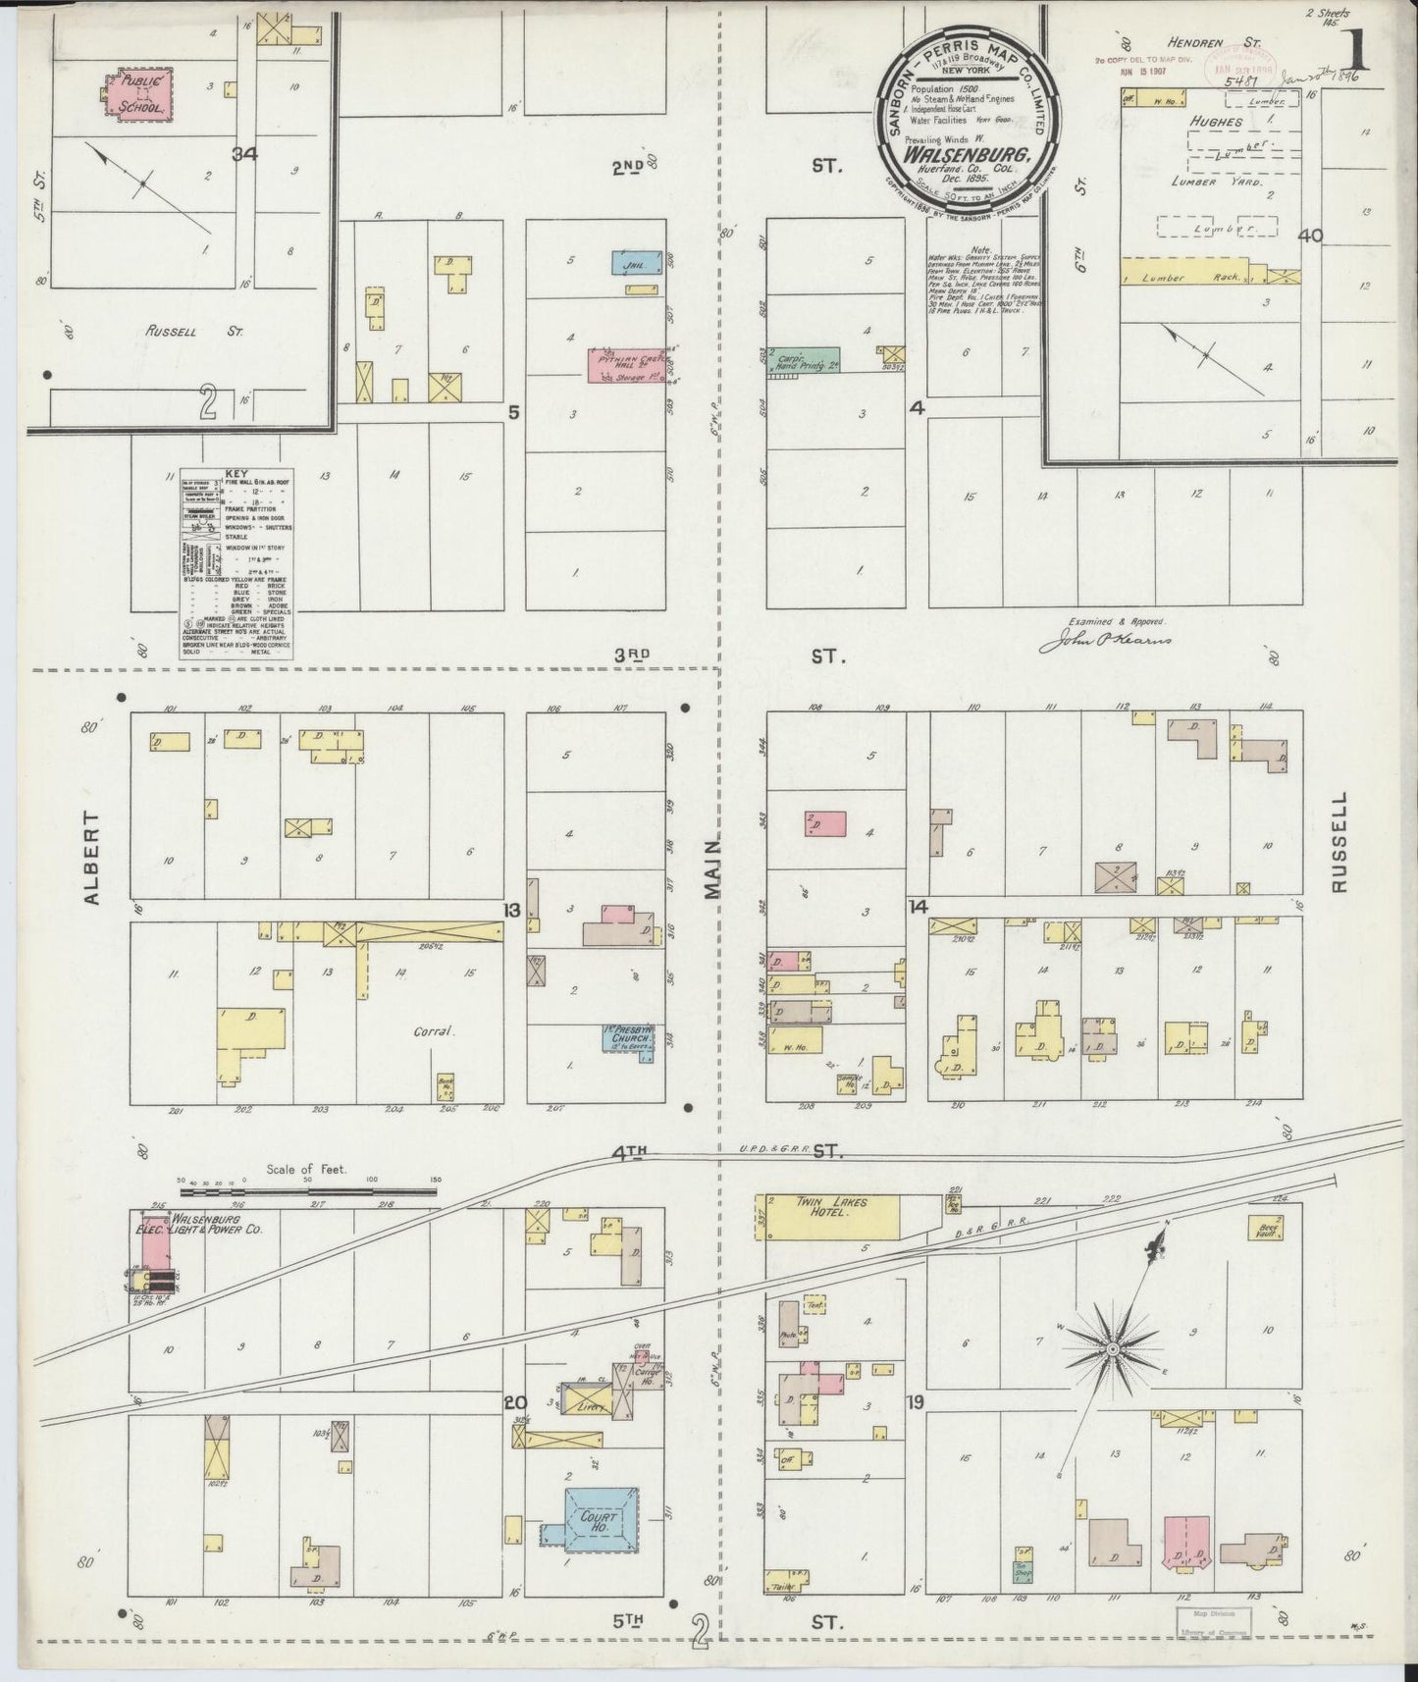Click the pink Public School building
tap(138, 94)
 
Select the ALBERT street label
tap(93, 857)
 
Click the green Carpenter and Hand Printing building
tap(805, 358)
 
